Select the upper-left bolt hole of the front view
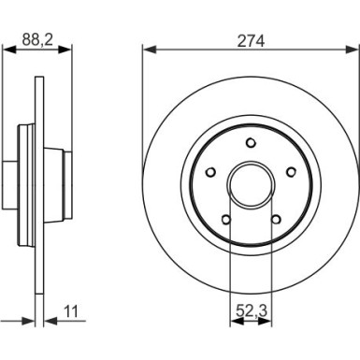tap(209, 171)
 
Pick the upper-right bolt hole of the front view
tap(292, 171)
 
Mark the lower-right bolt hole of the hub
tap(276, 220)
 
